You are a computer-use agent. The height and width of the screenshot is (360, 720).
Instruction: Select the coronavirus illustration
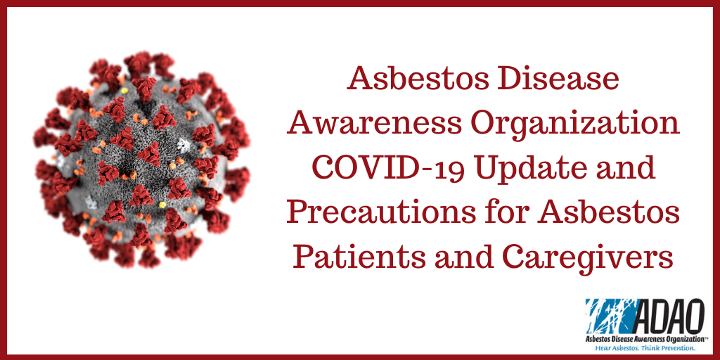click(142, 160)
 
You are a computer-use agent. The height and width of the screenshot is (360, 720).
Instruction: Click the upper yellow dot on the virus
click(124, 91)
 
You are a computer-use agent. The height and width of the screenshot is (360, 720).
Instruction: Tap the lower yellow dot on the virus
click(162, 205)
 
